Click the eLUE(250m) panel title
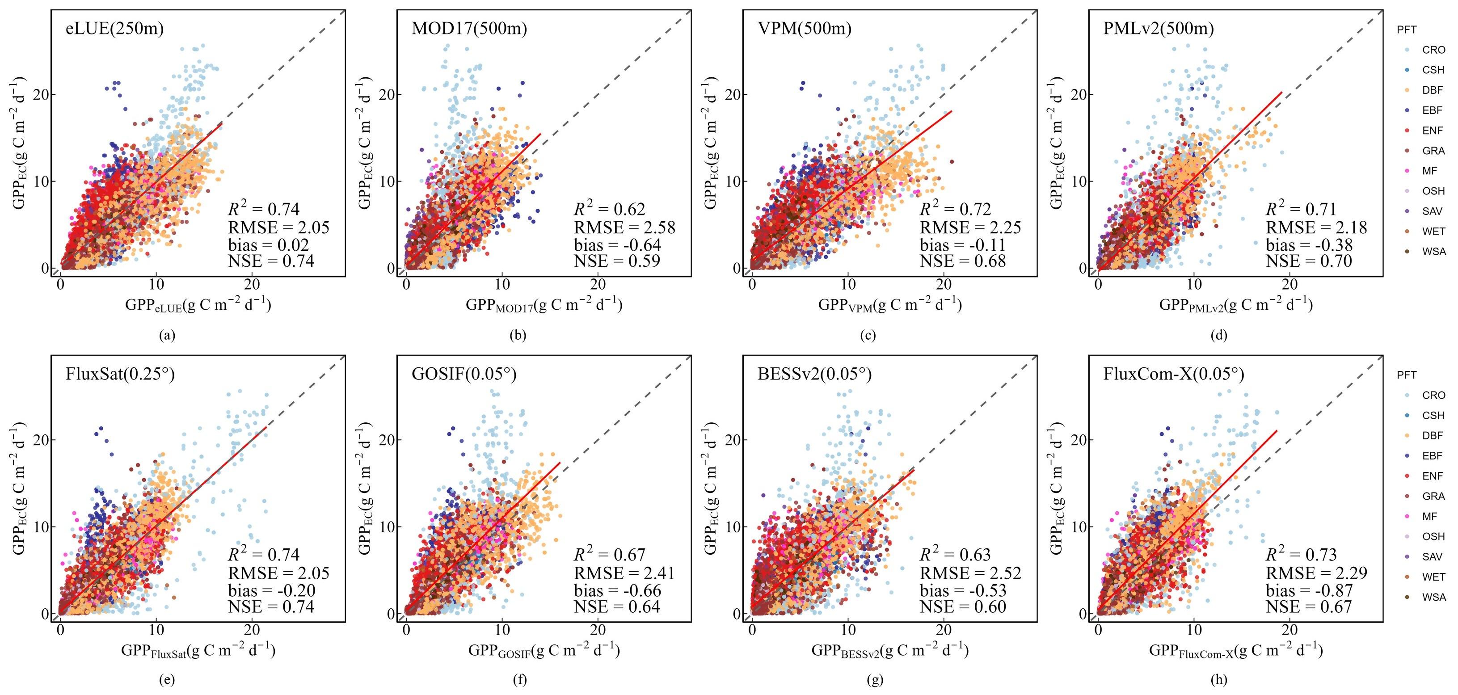[x=115, y=28]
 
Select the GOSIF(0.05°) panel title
[x=464, y=374]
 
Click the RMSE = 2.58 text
[x=624, y=227]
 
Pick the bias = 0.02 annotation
[x=268, y=245]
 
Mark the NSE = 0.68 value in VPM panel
[x=962, y=261]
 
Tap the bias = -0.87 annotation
[x=1309, y=591]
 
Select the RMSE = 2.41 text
[x=624, y=573]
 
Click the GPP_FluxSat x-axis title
[x=198, y=651]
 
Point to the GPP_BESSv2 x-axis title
[x=890, y=651]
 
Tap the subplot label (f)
[x=519, y=680]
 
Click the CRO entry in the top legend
[x=1433, y=50]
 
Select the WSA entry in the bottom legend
[x=1433, y=597]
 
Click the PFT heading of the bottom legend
[x=1407, y=375]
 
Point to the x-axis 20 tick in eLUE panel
[x=253, y=284]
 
